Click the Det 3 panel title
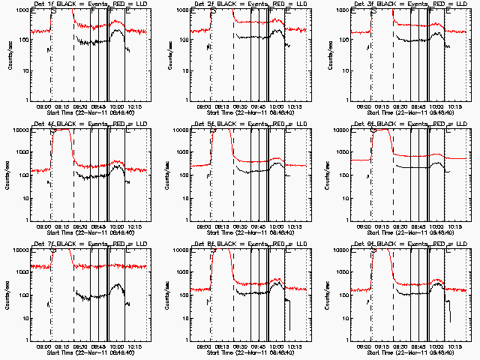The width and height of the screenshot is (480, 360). coord(409,5)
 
